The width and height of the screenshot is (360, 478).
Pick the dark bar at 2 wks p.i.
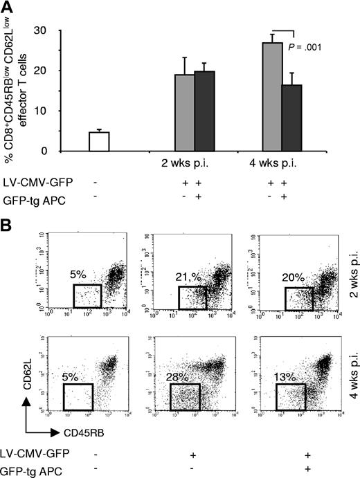(205, 111)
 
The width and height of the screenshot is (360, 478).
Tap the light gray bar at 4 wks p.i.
(272, 97)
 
